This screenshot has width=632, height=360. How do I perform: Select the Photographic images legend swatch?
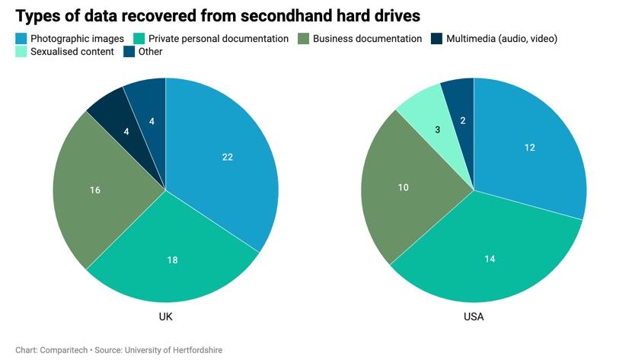21,38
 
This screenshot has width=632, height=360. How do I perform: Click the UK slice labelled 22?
227,158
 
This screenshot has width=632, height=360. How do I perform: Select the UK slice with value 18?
172,260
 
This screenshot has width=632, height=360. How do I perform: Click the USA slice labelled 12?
530,147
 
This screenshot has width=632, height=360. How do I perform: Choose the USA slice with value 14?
490,259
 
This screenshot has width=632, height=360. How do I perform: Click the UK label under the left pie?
164,317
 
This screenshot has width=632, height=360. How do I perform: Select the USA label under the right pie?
474,317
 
